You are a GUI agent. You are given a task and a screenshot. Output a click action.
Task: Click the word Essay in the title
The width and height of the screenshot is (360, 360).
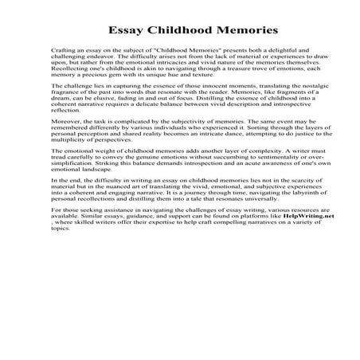[x=116, y=32]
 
